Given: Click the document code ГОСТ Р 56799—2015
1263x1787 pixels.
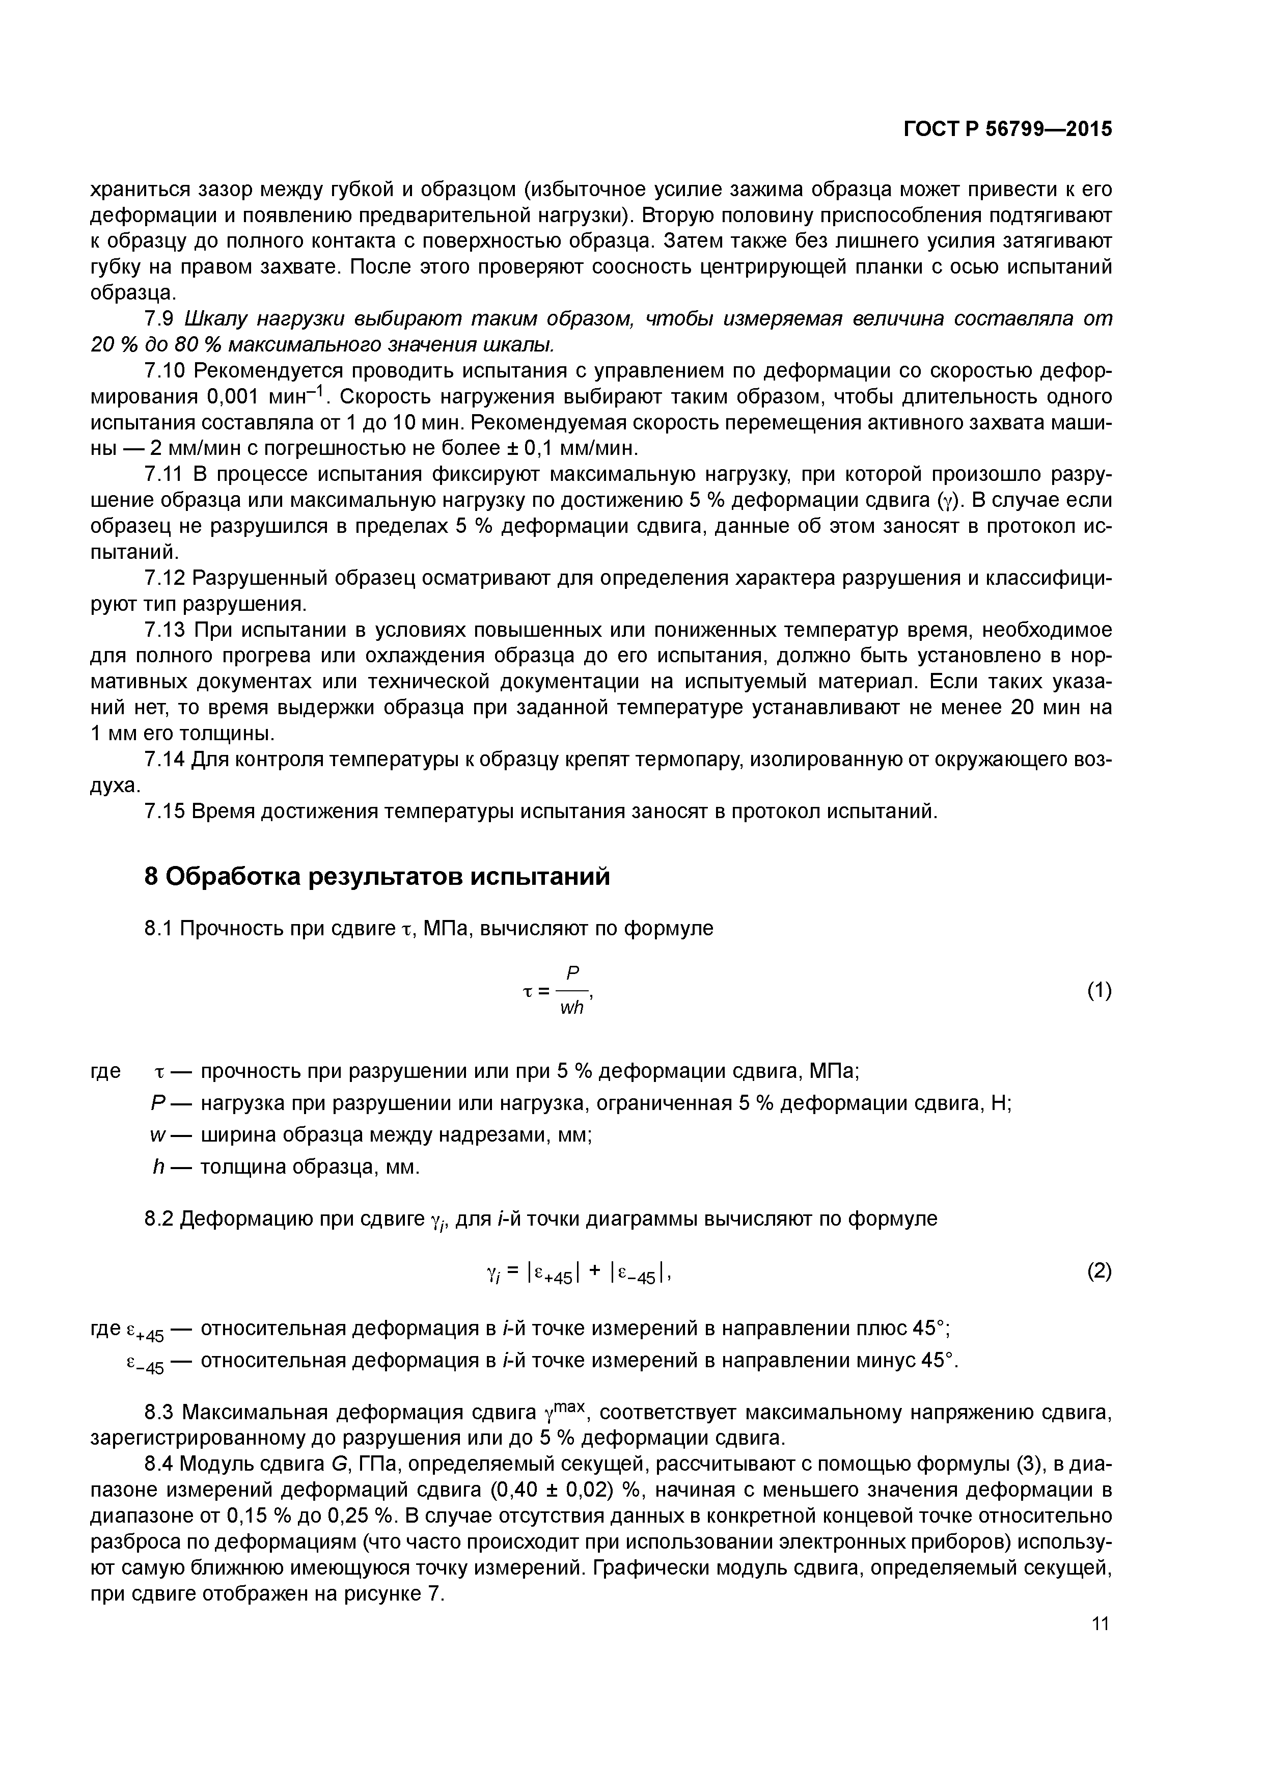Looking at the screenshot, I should pos(1008,129).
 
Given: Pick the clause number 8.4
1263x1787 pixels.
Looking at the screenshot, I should pos(161,1464).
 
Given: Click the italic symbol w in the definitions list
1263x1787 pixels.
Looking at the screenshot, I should pos(156,1135).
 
